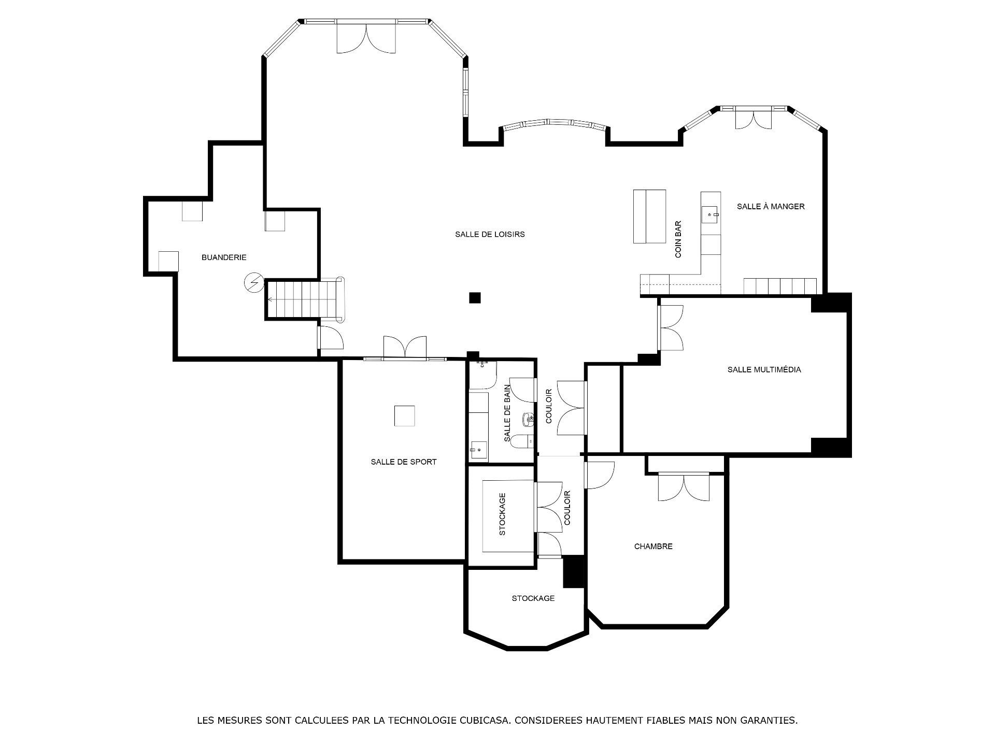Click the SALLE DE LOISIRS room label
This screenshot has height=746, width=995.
[x=490, y=234]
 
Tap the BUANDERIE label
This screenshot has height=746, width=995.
[x=224, y=257]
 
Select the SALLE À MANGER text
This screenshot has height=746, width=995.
[x=771, y=206]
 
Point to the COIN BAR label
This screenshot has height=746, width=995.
[x=678, y=239]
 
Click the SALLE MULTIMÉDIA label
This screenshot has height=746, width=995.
[x=764, y=369]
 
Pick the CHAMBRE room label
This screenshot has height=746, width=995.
[x=653, y=546]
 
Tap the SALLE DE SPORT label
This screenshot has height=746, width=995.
[x=404, y=462]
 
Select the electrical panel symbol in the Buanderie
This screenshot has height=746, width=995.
[x=254, y=283]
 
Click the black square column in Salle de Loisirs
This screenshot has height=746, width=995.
[x=475, y=297]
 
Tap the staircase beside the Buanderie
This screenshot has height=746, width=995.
[x=305, y=299]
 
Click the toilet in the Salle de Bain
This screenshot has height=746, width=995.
[x=520, y=441]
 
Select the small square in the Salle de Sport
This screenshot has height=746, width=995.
[x=404, y=415]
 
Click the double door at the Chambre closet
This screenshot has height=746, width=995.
[x=684, y=487]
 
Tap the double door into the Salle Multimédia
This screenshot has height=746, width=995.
[x=671, y=328]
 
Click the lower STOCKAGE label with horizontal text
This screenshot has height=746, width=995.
[x=533, y=598]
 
